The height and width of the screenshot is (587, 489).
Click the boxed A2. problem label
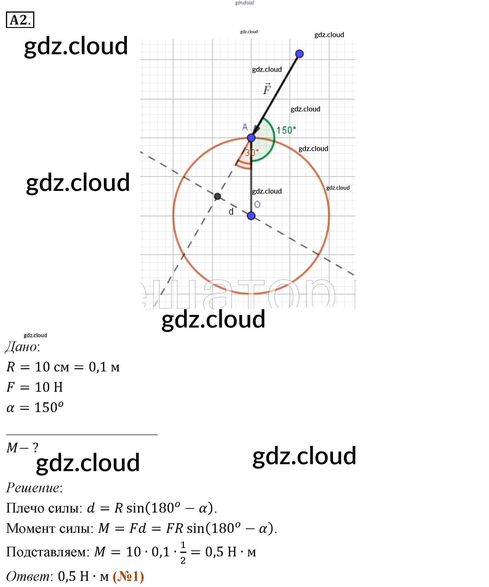coord(20,20)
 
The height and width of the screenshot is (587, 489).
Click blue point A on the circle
coord(251,137)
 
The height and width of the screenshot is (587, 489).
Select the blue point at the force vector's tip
coord(299,54)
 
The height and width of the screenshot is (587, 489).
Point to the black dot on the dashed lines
coord(217,196)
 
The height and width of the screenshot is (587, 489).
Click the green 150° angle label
coord(286,130)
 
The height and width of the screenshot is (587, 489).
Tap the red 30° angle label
coord(252,153)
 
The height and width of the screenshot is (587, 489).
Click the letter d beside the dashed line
coord(231,212)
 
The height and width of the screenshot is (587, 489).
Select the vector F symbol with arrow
coord(267,89)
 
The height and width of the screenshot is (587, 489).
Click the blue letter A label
coord(245,127)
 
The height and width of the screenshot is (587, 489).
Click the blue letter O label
coord(257,204)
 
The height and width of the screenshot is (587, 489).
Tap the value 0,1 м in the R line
coord(104,367)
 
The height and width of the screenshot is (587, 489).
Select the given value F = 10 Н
coord(35,387)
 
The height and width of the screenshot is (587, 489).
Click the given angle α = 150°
coord(35,408)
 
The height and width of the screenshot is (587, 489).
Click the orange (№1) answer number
coord(128,576)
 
